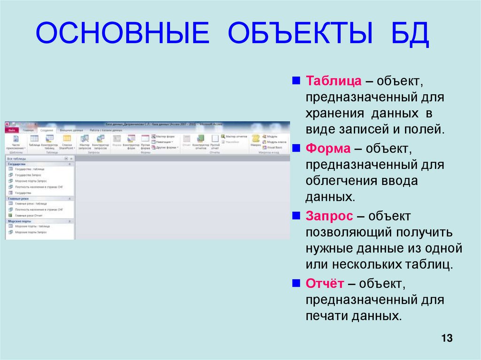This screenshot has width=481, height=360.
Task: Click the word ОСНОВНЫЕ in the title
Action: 122,36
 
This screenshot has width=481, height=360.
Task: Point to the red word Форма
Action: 328,149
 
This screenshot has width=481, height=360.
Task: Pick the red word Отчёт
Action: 326,283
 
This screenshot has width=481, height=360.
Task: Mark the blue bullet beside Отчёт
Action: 296,283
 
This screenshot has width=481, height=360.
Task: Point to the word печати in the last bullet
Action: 326,316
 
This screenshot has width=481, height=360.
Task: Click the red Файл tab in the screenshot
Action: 12,130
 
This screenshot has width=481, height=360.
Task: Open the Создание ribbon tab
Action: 47,130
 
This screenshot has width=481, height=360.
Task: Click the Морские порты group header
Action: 20,221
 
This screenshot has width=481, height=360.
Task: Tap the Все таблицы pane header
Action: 17,159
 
